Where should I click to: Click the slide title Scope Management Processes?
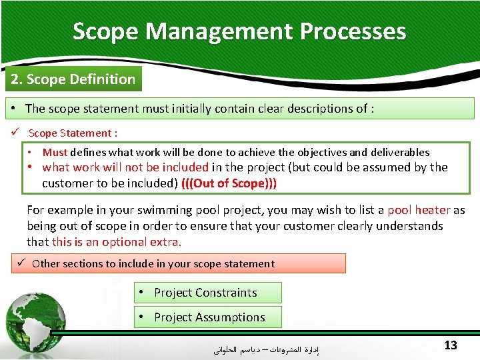[x=239, y=31]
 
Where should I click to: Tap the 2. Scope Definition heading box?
[x=72, y=79]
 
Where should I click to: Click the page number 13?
[x=451, y=345]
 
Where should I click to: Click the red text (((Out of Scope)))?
[x=229, y=183]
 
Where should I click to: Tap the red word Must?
[x=55, y=153]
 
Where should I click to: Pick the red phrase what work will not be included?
[x=125, y=167]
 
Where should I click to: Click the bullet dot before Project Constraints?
[x=143, y=293]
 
